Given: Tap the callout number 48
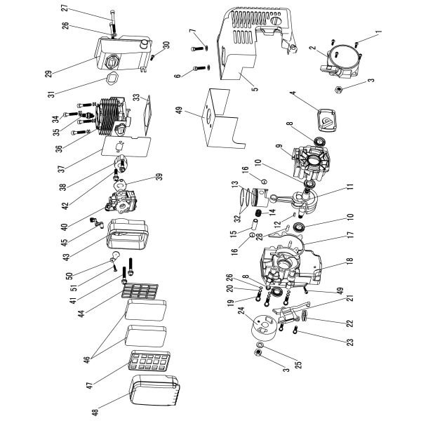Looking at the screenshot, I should [x=86, y=408].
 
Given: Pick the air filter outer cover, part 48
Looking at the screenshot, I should [x=154, y=396].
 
